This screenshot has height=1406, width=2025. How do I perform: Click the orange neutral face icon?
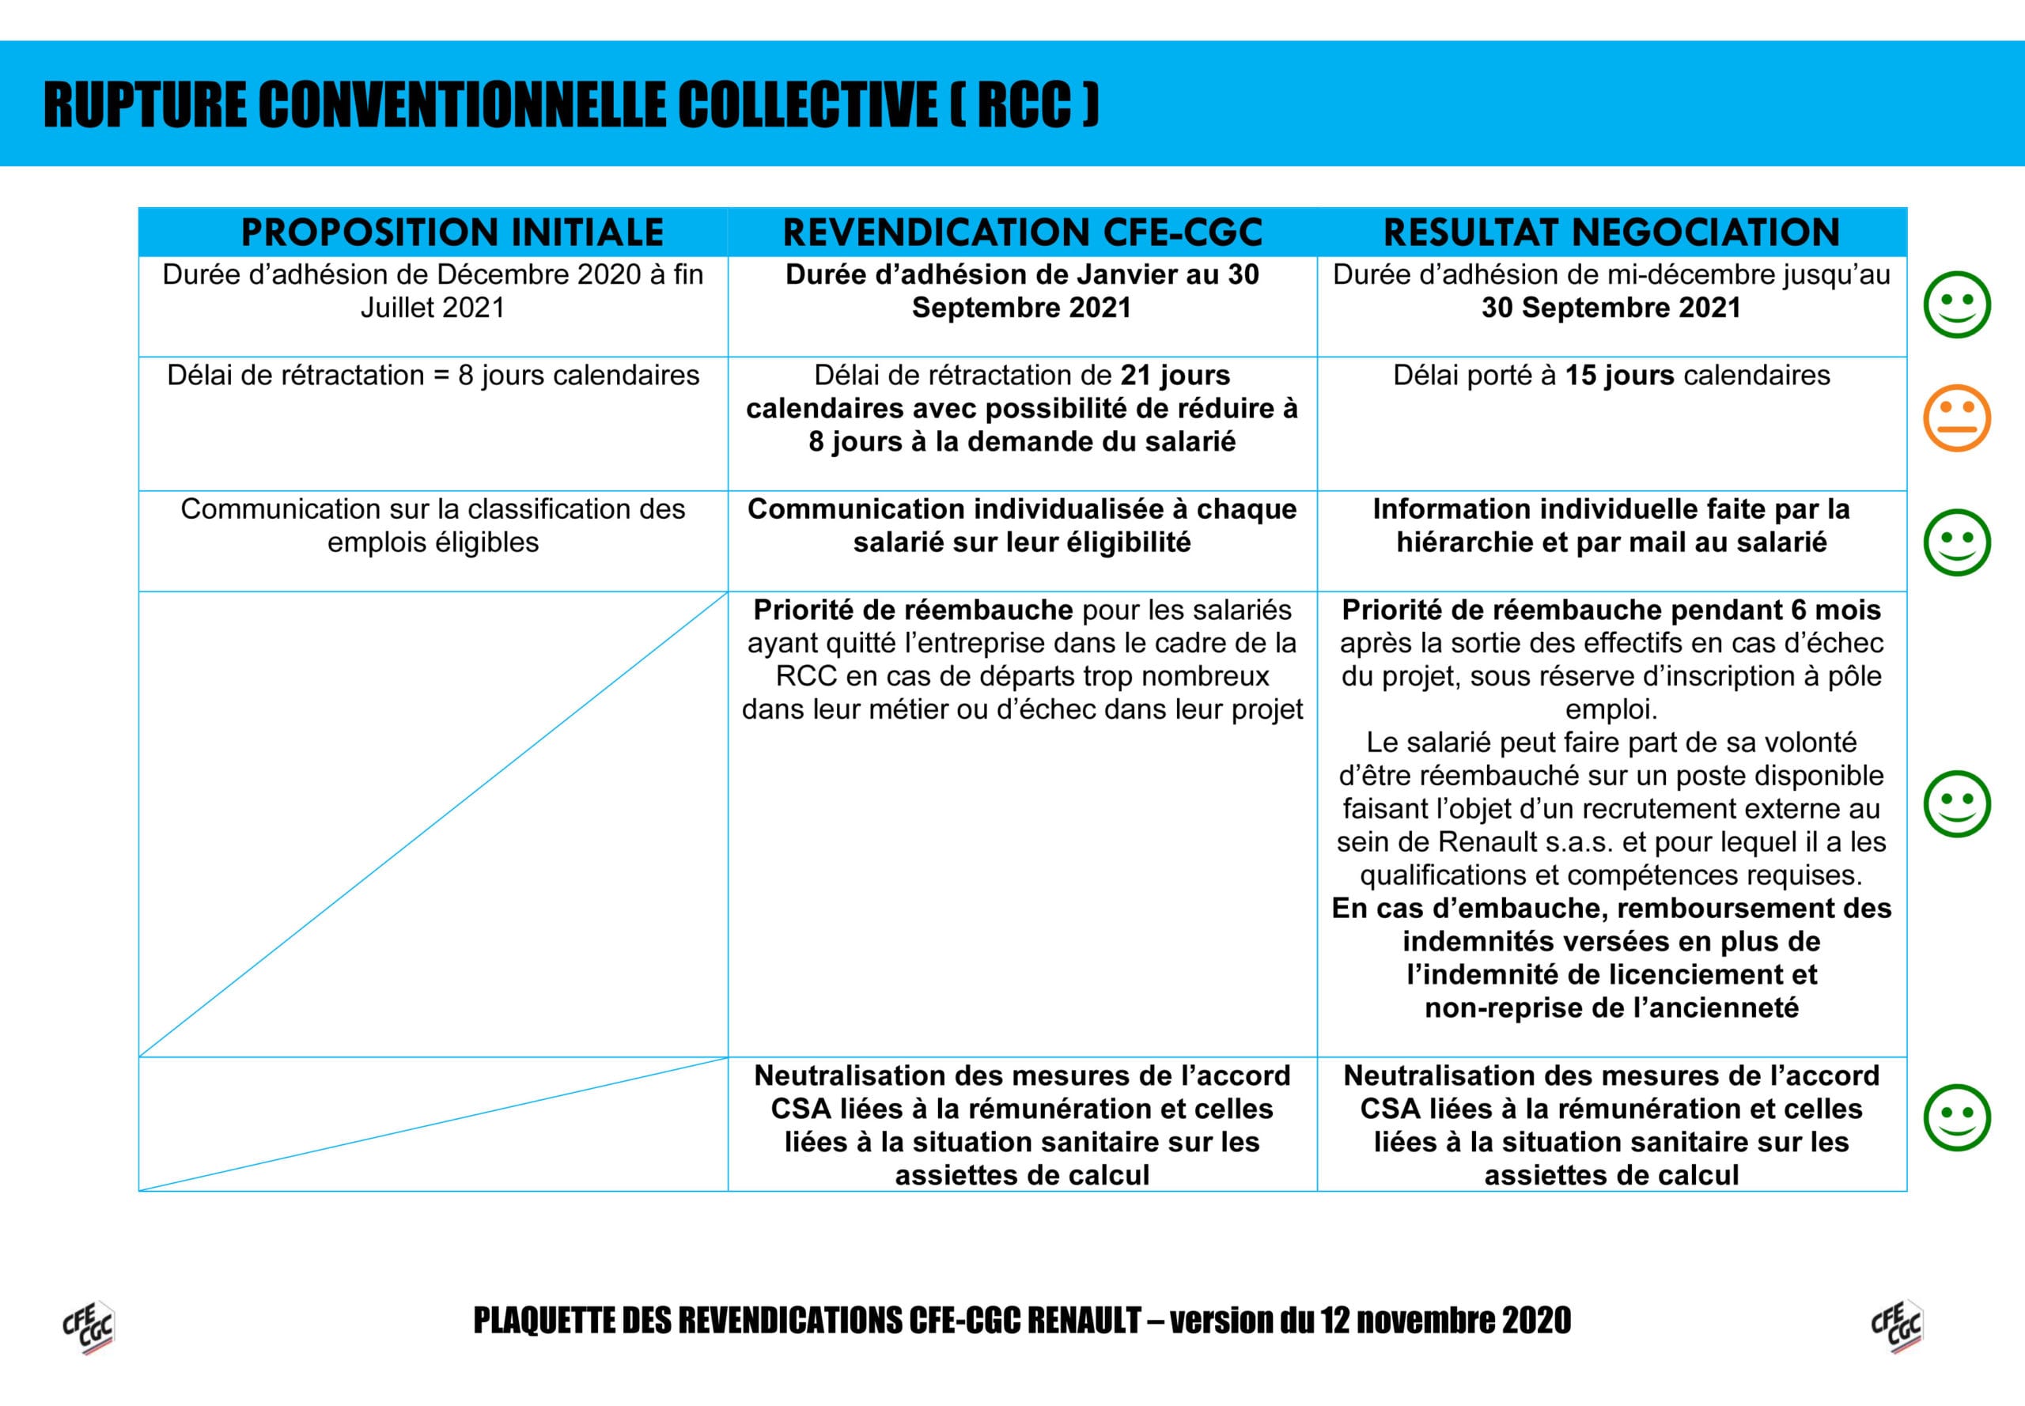(1956, 418)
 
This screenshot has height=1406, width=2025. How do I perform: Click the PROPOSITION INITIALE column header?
(452, 232)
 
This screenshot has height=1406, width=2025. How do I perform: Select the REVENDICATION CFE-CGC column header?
(1022, 232)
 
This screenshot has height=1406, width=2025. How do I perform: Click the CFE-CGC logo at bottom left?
(88, 1326)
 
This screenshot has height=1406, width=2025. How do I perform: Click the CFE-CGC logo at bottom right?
(1896, 1326)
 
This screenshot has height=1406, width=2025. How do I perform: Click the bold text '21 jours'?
(1175, 376)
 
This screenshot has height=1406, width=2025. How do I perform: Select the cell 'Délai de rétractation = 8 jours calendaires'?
(433, 376)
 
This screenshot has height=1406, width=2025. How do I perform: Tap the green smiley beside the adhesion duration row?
(1956, 304)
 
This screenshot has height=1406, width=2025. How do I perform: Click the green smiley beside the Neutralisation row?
(1956, 1117)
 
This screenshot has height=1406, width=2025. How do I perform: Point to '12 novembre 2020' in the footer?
(1445, 1321)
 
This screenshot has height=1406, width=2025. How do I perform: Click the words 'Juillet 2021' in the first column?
(433, 308)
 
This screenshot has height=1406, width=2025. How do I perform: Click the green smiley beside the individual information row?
(1956, 542)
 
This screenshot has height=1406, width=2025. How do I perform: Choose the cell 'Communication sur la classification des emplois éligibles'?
(433, 525)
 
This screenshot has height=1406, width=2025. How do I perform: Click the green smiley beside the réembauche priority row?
(1956, 803)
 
